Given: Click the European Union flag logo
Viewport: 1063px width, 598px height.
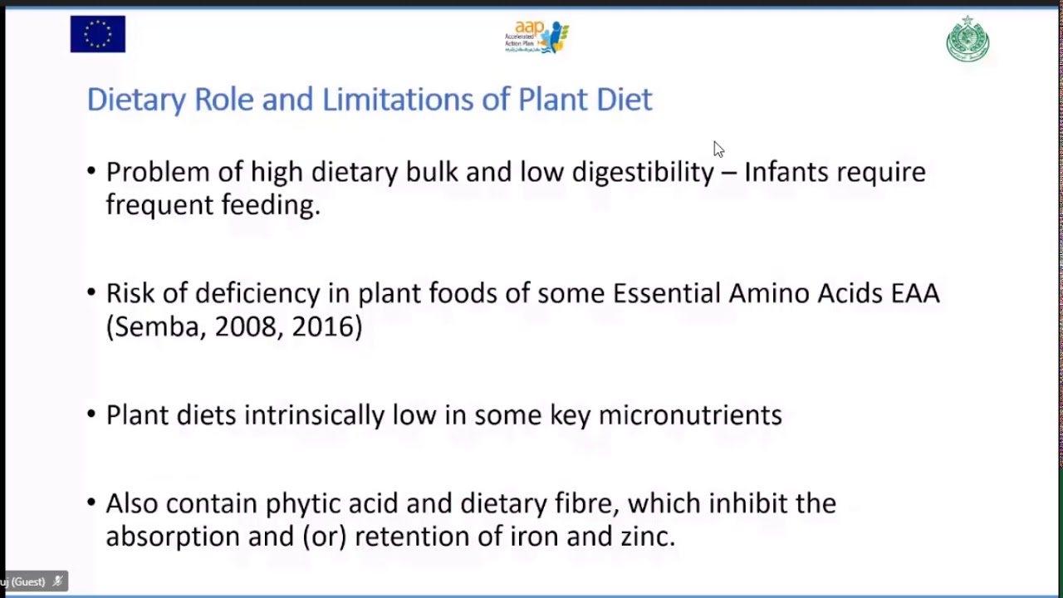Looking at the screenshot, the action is click(x=98, y=34).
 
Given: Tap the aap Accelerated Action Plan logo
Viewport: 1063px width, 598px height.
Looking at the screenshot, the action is click(x=536, y=37).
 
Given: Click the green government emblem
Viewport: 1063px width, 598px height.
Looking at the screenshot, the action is click(x=967, y=39).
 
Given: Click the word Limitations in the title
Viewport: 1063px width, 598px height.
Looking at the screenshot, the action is click(x=398, y=99).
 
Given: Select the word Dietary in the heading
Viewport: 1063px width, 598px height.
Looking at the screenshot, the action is click(x=136, y=100).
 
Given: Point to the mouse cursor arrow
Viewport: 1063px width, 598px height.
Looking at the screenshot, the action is click(x=718, y=149).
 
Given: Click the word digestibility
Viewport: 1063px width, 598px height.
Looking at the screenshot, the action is click(x=643, y=172).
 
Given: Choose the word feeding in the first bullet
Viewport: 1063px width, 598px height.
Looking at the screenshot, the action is click(x=271, y=205).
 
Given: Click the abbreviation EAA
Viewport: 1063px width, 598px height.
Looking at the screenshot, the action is click(x=915, y=293).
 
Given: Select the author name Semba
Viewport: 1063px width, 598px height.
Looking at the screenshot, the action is click(x=157, y=327).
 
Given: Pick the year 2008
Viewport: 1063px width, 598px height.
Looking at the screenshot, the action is click(x=245, y=327).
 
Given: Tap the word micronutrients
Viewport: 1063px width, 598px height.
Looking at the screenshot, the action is click(x=690, y=415).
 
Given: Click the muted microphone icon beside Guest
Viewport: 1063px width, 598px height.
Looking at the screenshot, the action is click(x=58, y=581).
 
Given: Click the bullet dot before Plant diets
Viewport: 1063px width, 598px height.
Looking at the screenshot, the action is click(x=91, y=414).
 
